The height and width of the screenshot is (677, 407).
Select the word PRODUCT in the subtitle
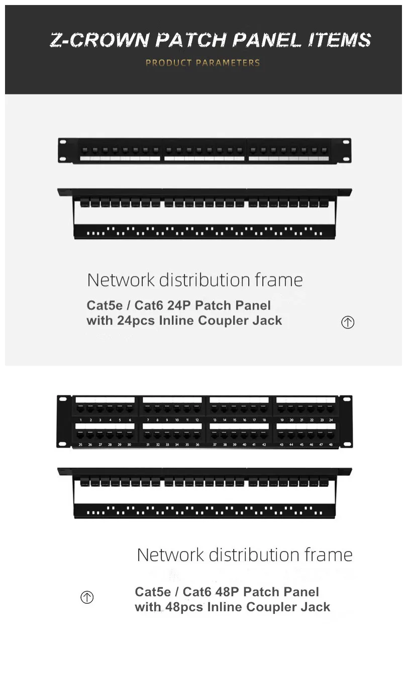coord(169,63)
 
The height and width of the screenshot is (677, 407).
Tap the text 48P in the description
coord(228,592)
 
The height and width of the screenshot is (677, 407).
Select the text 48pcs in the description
coord(184,607)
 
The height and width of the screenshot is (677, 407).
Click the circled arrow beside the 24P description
coord(348,322)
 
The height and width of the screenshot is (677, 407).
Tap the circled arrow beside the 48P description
coord(87,597)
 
